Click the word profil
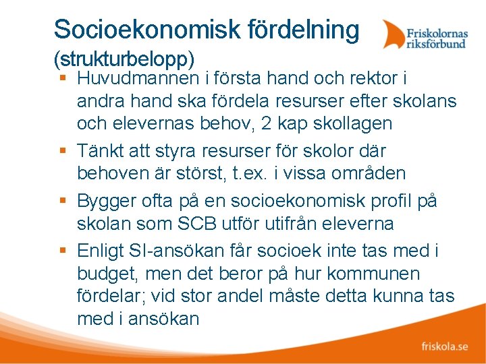click(x=391, y=201)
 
